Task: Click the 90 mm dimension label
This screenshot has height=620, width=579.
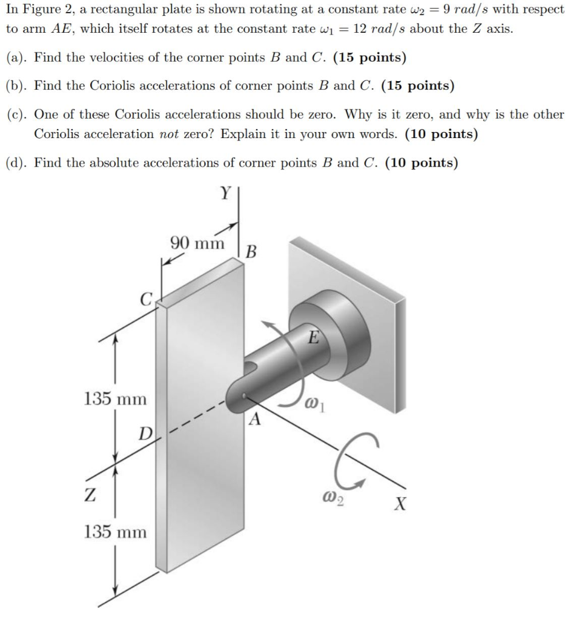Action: click(x=197, y=243)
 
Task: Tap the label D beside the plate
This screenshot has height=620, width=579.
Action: click(x=145, y=434)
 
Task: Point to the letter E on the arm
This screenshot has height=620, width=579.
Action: click(x=313, y=337)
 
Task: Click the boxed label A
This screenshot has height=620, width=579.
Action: click(x=255, y=419)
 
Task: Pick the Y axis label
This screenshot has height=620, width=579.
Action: click(x=225, y=194)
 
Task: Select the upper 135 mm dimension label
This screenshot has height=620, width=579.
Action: click(x=114, y=399)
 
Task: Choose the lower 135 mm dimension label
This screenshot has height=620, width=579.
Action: click(x=114, y=532)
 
